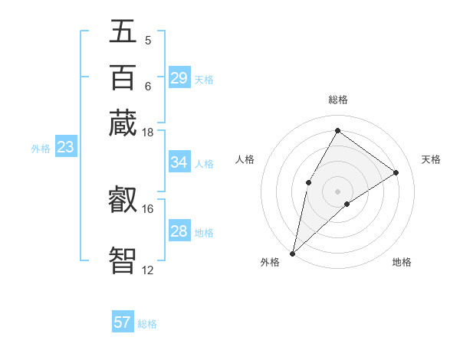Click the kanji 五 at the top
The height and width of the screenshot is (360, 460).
pos(123,32)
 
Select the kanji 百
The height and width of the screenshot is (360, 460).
pos(123,77)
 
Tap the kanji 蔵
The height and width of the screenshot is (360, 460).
pos(123,122)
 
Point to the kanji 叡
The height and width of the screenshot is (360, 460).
pos(123,200)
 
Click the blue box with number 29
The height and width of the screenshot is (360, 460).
pos(179,78)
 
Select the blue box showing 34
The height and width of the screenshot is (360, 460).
pos(179,162)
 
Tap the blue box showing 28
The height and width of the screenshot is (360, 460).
pos(179,231)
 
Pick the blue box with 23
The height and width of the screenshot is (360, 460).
pos(65,148)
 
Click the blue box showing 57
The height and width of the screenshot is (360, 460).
pos(123,322)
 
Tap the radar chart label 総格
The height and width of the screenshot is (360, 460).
pos(337,100)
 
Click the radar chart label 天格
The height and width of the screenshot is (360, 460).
pos(431,159)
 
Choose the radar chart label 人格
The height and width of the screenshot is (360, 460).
pos(245,159)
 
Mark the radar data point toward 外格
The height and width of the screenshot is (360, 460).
pos(292,254)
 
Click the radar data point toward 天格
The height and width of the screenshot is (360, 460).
pos(396,172)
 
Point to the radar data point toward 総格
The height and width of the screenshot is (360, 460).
pos(337,130)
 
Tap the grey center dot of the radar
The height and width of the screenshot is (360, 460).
pos(337,191)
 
